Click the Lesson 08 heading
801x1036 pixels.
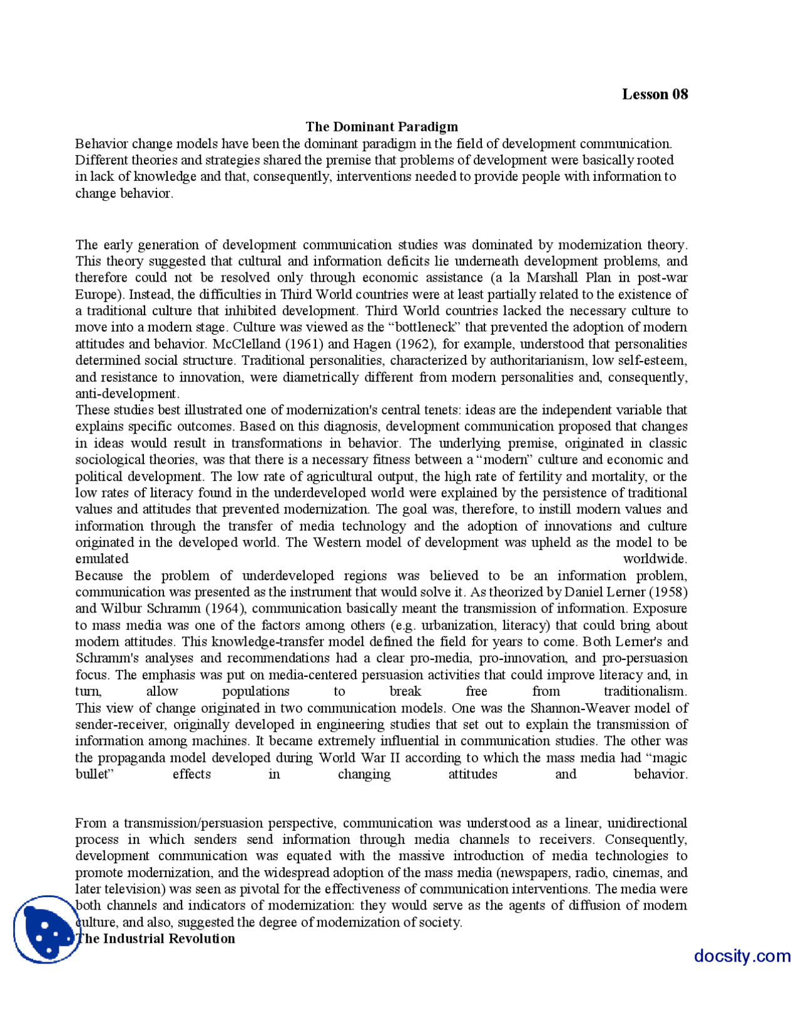[655, 94]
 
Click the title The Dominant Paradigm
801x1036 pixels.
[381, 127]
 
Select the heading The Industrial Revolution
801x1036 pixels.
[156, 938]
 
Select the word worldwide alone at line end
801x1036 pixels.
[655, 559]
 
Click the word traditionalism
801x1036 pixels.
[645, 691]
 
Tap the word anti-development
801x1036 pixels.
[127, 394]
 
